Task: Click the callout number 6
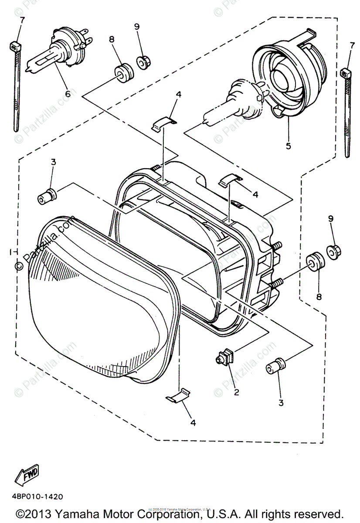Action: [68, 94]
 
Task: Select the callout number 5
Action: [288, 146]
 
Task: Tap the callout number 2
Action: [237, 392]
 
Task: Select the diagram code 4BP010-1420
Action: [38, 496]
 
